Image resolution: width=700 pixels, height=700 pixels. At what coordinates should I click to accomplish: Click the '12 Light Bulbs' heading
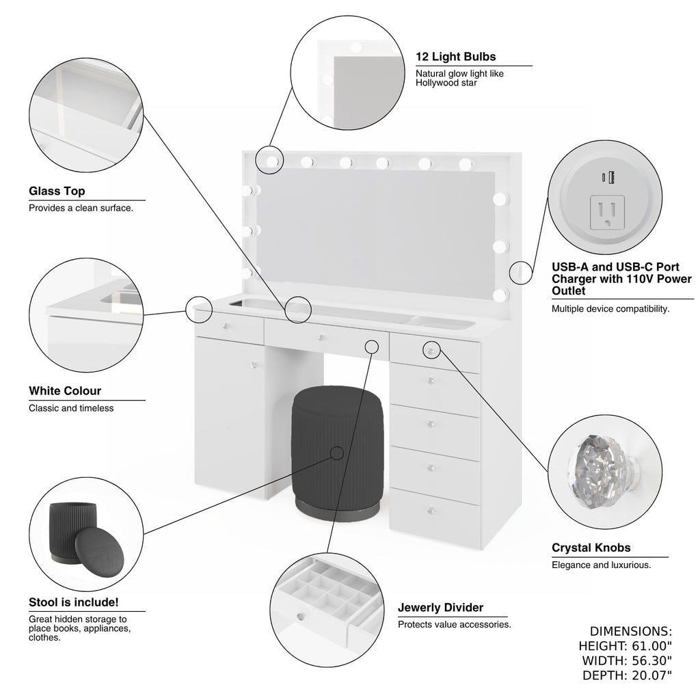pyautogui.click(x=456, y=57)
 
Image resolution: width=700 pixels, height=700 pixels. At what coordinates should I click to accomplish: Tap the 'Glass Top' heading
pyautogui.click(x=57, y=191)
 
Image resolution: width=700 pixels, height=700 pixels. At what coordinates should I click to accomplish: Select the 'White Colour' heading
pyautogui.click(x=65, y=391)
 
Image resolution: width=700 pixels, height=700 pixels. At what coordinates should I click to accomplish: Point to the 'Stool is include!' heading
pyautogui.click(x=74, y=602)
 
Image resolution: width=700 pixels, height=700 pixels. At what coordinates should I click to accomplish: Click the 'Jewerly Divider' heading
pyautogui.click(x=440, y=608)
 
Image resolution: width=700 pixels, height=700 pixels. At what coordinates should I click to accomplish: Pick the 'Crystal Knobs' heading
pyautogui.click(x=591, y=548)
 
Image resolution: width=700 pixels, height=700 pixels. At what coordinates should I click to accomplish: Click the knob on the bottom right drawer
pyautogui.click(x=431, y=511)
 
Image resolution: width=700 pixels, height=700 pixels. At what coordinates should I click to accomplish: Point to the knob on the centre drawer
pyautogui.click(x=320, y=337)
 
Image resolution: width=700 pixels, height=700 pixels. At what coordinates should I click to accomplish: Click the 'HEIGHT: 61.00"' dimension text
pyautogui.click(x=625, y=646)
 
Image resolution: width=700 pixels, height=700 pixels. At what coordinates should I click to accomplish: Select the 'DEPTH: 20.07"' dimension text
pyautogui.click(x=627, y=675)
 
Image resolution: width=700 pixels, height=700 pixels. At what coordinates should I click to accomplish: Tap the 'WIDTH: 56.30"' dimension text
pyautogui.click(x=627, y=660)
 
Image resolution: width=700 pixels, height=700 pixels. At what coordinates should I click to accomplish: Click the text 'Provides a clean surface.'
pyautogui.click(x=81, y=208)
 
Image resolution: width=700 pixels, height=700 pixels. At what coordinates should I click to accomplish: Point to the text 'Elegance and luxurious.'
pyautogui.click(x=601, y=565)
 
